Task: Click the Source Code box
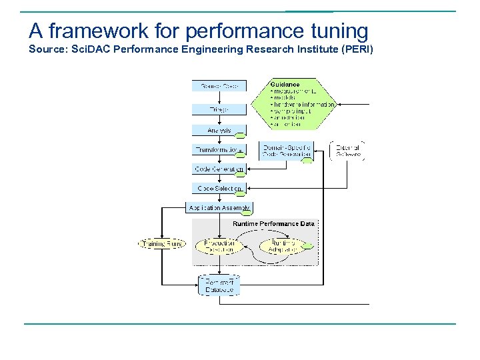219,85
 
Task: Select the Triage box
219,109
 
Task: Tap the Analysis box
219,131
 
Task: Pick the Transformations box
219,150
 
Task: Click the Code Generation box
219,169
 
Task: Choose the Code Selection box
219,189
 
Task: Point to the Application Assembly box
219,208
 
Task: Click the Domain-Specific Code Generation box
287,151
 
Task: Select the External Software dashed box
347,151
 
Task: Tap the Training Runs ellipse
161,244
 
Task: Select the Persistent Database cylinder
219,286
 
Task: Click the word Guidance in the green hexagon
285,85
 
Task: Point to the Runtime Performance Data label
273,224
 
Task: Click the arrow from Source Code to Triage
219,97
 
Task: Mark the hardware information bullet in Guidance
303,105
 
